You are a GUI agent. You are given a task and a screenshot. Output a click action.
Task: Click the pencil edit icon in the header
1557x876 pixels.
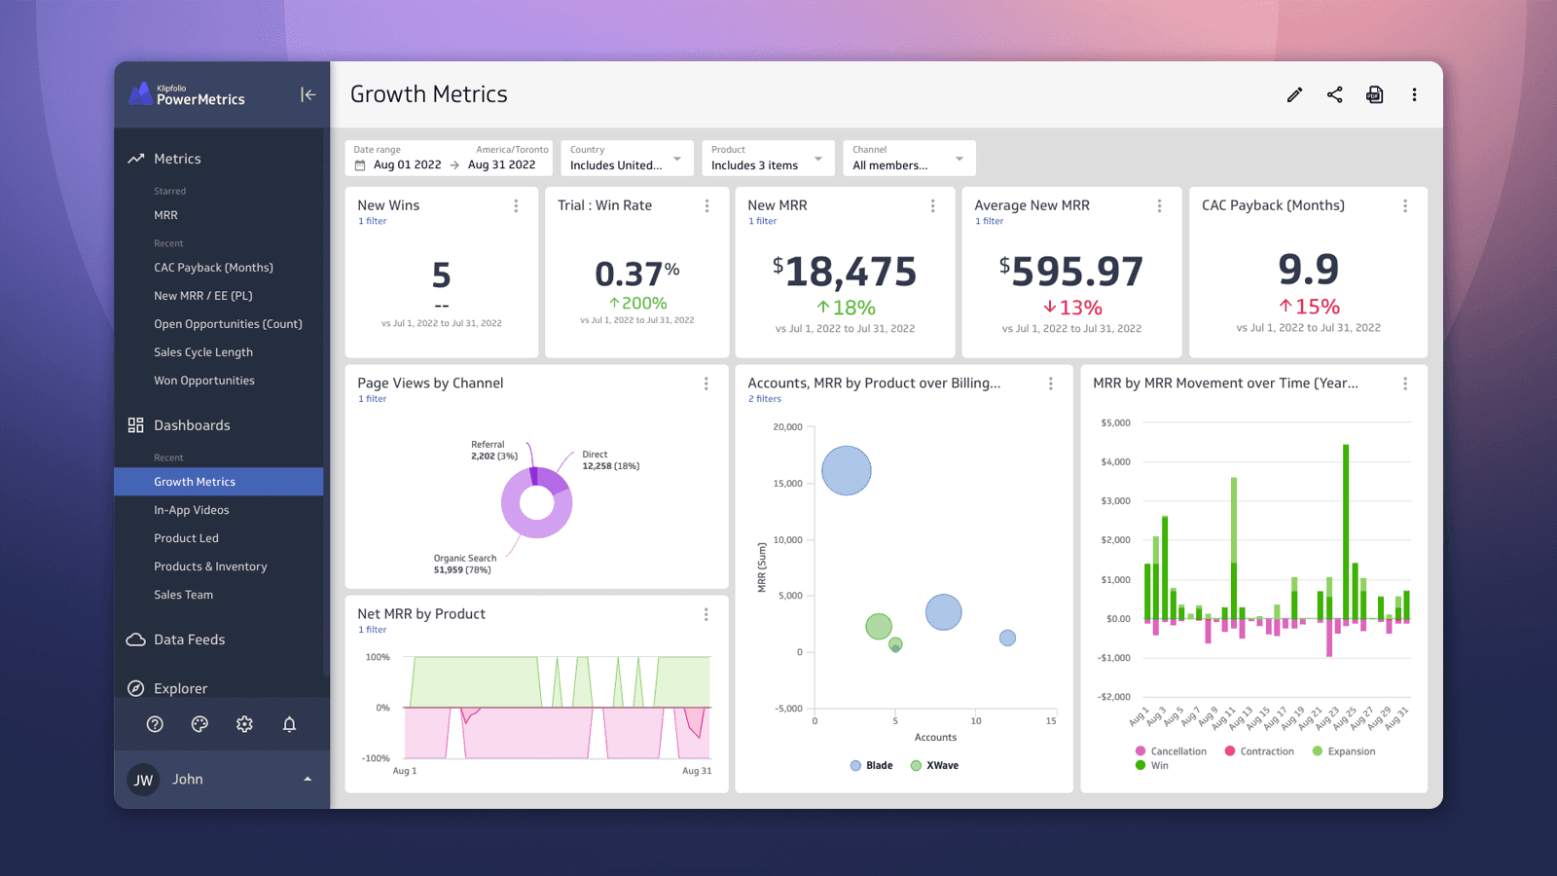[1294, 94]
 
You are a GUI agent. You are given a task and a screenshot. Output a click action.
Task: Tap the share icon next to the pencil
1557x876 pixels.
[1334, 94]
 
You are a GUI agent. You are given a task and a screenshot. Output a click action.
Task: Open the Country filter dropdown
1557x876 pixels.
[627, 159]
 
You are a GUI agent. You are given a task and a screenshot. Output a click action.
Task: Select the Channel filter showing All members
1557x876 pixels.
[908, 159]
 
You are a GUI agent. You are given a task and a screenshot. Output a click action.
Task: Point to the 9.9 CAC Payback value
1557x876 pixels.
[1308, 269]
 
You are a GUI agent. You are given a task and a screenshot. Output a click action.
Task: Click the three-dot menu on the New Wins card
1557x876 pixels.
[516, 206]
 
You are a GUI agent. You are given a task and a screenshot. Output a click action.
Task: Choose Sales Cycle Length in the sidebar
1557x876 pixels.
[203, 352]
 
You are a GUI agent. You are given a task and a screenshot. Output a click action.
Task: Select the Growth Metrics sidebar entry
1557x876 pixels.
[195, 482]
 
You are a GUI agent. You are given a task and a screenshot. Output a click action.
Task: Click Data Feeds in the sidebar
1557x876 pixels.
[189, 639]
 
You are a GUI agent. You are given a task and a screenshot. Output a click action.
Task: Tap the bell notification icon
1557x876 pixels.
[289, 724]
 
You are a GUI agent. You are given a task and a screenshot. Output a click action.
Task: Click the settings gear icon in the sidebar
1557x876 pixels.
[244, 724]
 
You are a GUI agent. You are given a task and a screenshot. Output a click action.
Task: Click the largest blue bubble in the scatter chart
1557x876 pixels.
[847, 471]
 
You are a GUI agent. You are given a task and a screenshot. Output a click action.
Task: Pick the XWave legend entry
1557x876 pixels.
[934, 766]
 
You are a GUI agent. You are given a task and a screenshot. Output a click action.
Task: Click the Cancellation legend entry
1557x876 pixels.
[1171, 751]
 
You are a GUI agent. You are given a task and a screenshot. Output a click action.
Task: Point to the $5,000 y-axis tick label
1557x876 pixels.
[1115, 423]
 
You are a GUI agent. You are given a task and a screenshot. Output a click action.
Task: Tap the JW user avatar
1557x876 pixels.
[144, 780]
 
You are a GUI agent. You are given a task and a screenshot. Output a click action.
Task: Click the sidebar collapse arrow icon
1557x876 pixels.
[308, 94]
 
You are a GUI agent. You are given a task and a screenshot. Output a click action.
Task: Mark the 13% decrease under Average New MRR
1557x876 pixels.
[1072, 308]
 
